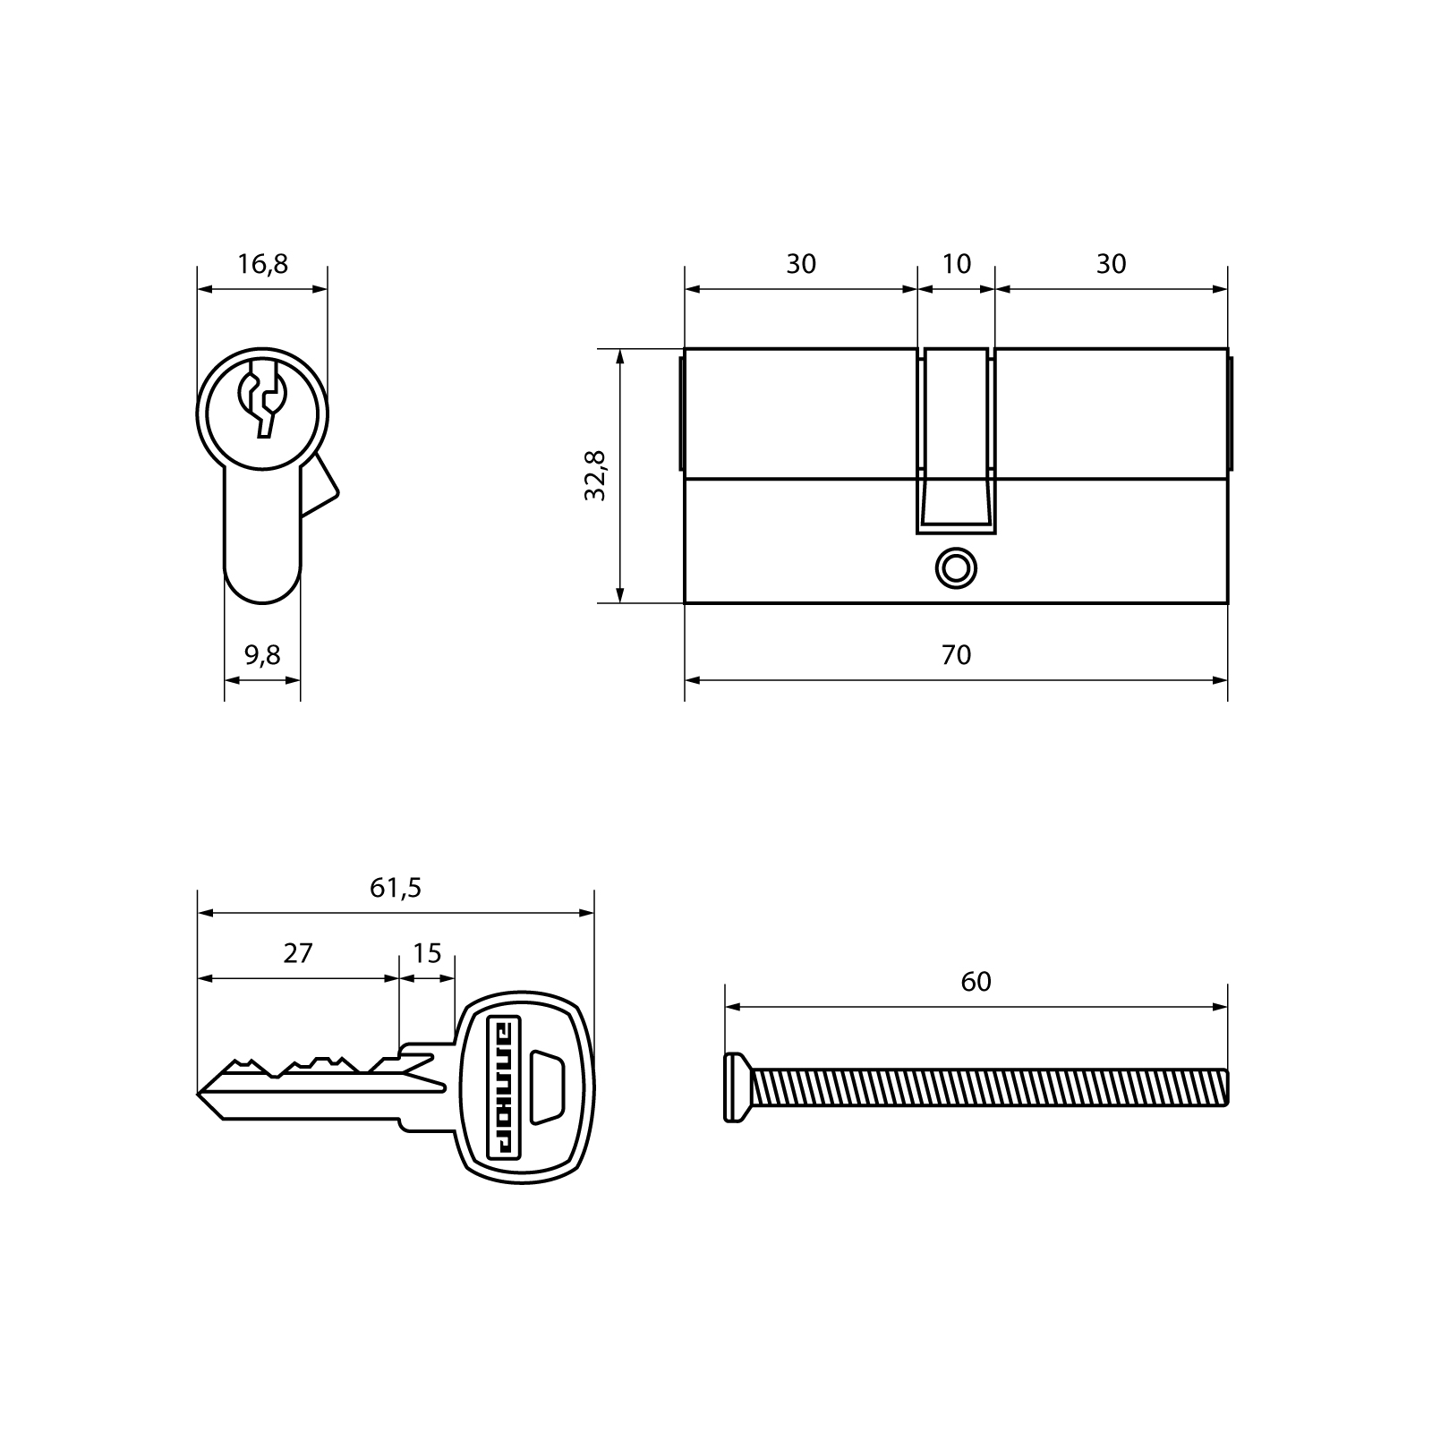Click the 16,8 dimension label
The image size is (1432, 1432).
[x=262, y=264]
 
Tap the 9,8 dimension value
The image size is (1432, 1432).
[x=262, y=655]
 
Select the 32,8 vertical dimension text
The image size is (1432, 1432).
[x=595, y=475]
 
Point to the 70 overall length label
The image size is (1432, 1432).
[x=956, y=655]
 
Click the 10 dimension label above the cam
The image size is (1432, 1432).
[x=957, y=264]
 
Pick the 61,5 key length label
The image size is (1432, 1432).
[x=396, y=888]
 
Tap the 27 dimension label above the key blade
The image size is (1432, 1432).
[x=298, y=953]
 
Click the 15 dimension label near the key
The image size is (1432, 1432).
[x=427, y=953]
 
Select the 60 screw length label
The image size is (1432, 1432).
[x=976, y=982]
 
